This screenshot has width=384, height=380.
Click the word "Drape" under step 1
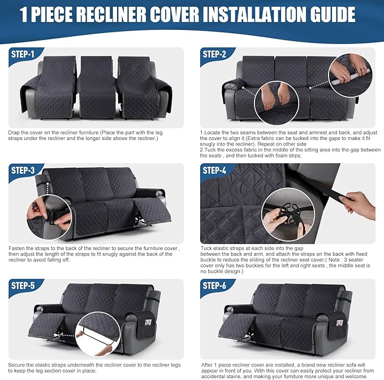(x=15, y=132)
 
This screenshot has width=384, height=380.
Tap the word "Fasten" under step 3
(x=17, y=247)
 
